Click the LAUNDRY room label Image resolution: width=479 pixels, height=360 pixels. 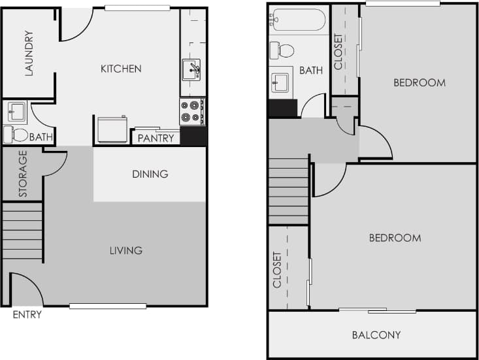coord(29,54)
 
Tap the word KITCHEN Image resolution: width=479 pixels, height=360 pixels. coord(120,69)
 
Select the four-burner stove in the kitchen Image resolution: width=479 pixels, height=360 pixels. coord(191,112)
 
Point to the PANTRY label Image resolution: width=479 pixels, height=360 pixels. coord(156,138)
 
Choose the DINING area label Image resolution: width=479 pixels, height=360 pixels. coord(150,174)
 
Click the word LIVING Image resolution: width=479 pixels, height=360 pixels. coord(125,250)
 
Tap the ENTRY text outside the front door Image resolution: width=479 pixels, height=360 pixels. coord(27,315)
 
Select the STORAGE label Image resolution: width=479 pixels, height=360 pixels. coord(23,174)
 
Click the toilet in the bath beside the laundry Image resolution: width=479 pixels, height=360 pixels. coord(17,135)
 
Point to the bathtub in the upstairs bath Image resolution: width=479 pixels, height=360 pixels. coord(298,20)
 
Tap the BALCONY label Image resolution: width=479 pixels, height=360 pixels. coord(376,335)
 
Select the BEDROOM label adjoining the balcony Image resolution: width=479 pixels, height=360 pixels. coord(395,238)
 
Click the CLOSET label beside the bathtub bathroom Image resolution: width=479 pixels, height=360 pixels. coord(339,52)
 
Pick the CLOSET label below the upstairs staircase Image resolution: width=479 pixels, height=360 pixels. coord(277,270)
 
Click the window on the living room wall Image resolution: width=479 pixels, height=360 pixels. coord(107,306)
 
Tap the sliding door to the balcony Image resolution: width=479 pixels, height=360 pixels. coord(377,310)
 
